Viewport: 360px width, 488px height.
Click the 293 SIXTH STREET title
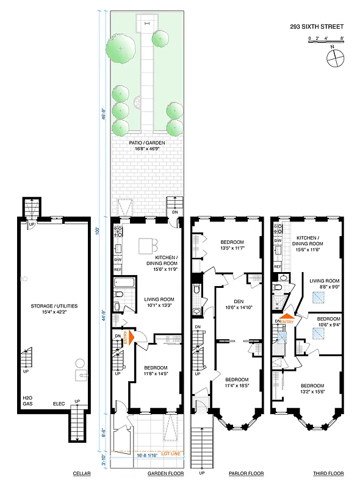(x=316, y=26)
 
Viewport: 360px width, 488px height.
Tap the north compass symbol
(x=334, y=59)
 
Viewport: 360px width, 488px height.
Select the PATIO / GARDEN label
(x=147, y=143)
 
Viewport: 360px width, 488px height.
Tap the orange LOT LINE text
(x=171, y=453)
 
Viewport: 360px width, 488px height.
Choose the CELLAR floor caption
(x=82, y=473)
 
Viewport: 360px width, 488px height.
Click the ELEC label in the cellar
(x=59, y=403)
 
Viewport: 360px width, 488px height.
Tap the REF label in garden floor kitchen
(x=118, y=268)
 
